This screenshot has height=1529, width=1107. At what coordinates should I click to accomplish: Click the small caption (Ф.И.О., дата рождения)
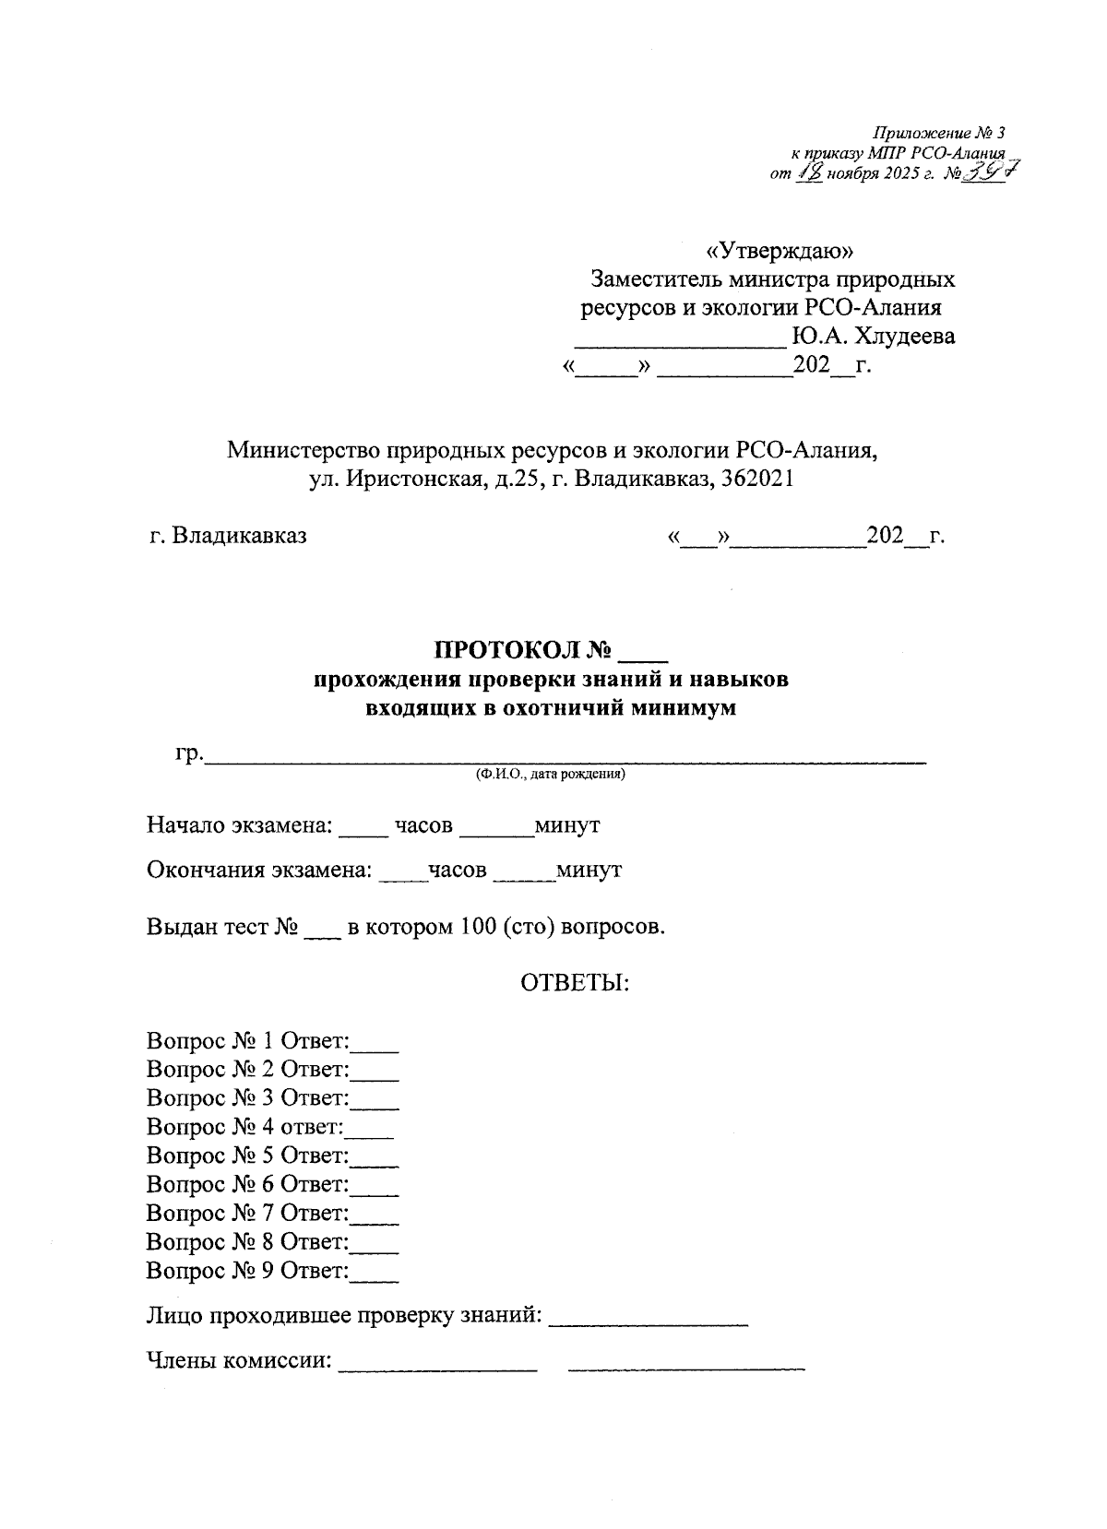pyautogui.click(x=551, y=776)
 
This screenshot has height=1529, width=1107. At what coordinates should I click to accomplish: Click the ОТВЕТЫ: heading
pyautogui.click(x=575, y=983)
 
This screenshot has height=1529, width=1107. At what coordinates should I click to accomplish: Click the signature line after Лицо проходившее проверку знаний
pyautogui.click(x=648, y=1322)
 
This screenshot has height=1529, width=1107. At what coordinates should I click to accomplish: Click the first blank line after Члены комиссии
pyautogui.click(x=438, y=1369)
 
